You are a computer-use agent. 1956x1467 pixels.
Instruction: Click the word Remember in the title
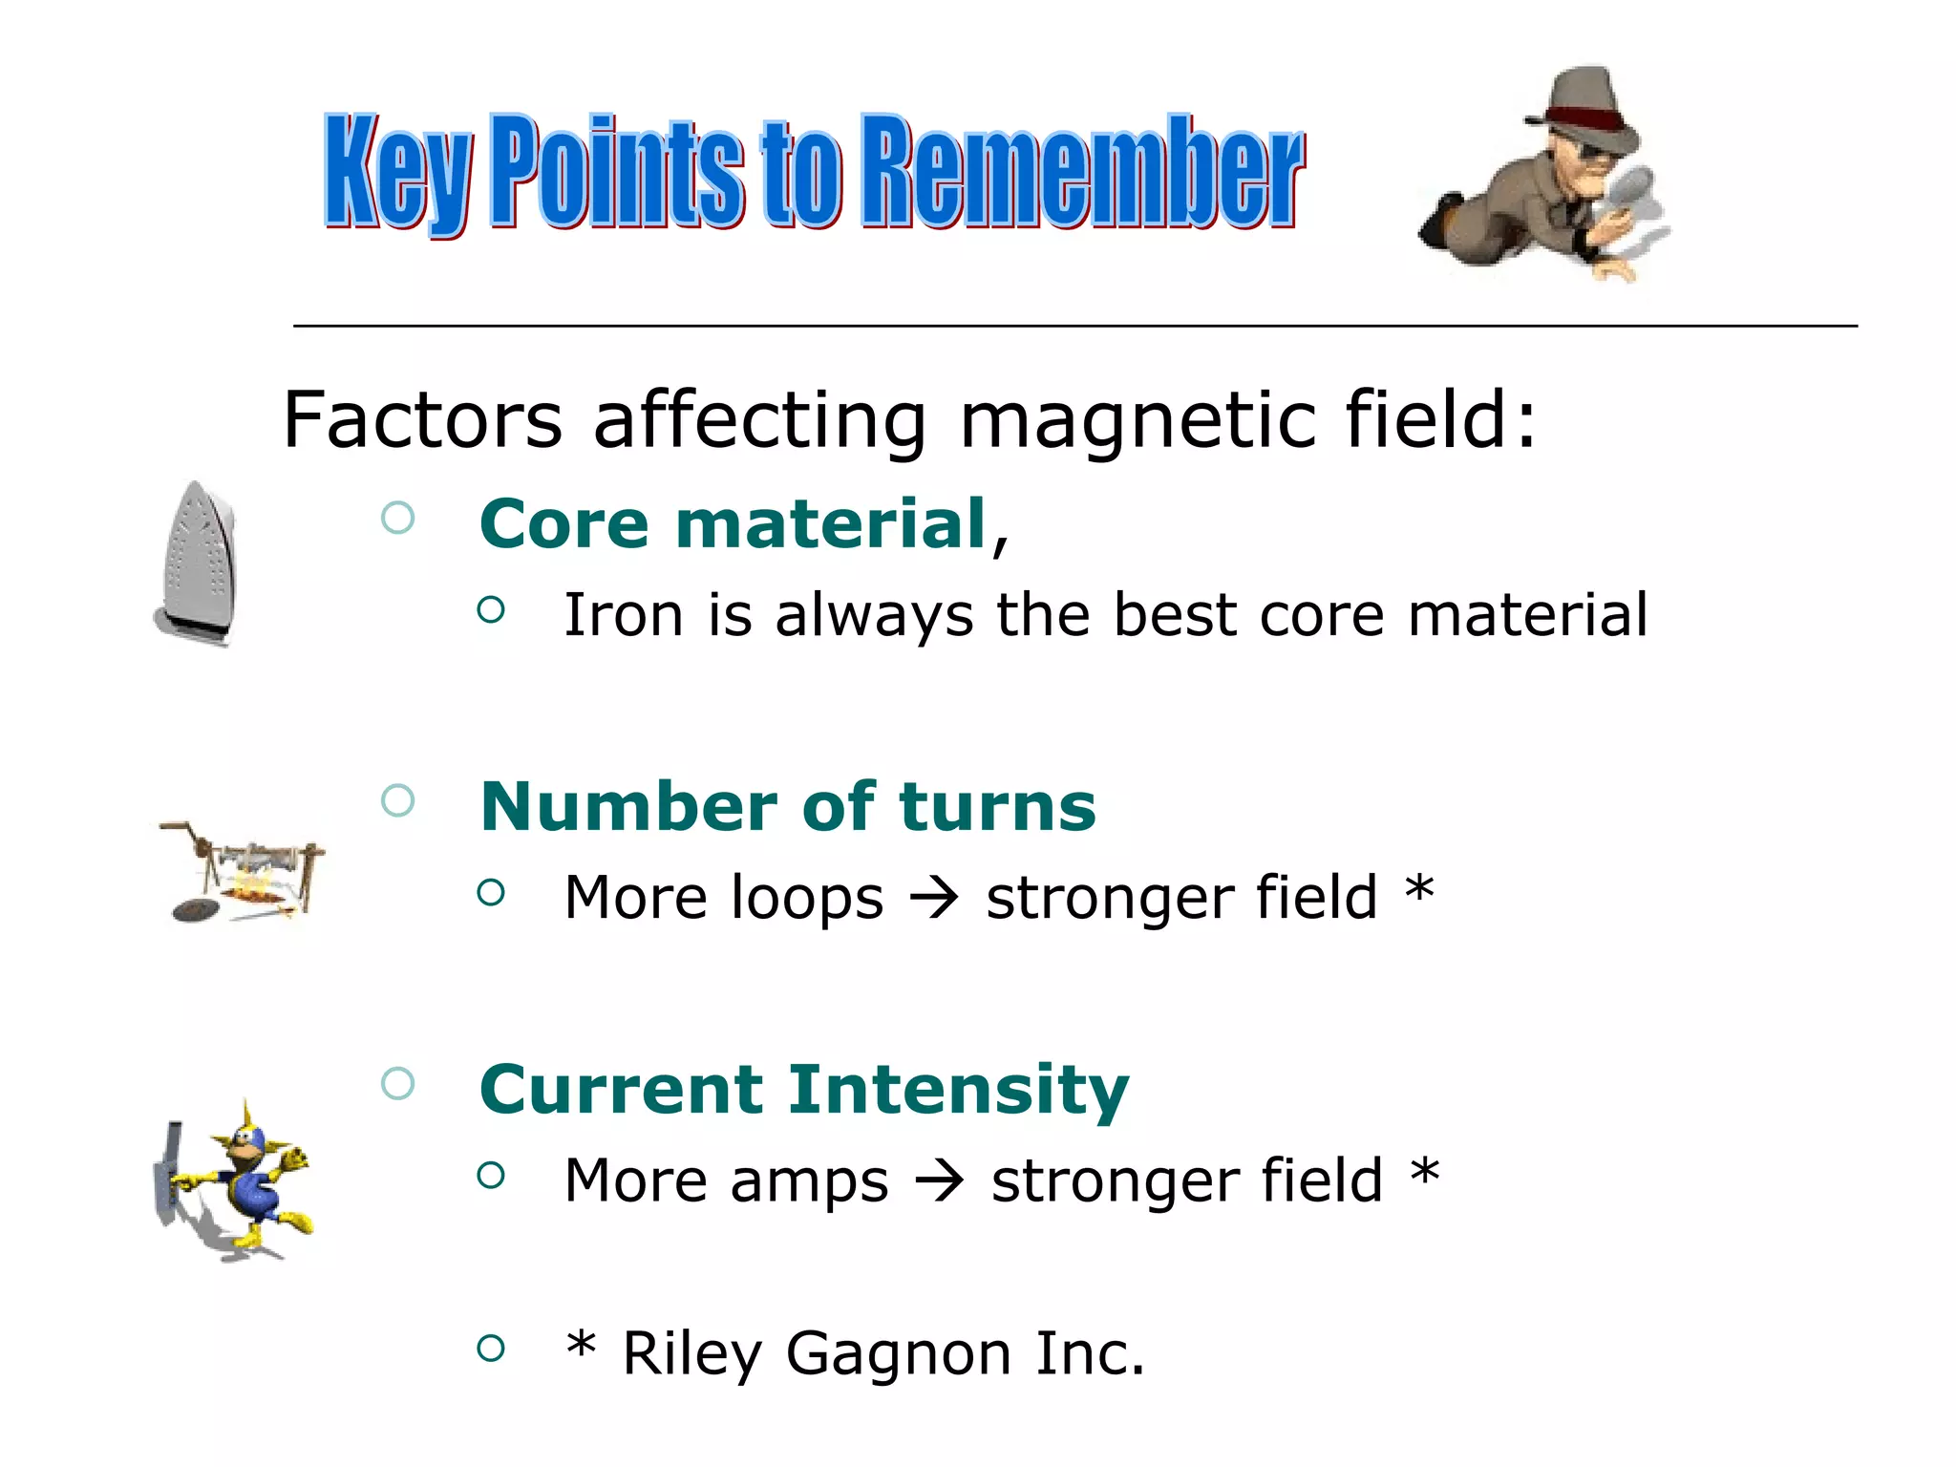pos(1081,172)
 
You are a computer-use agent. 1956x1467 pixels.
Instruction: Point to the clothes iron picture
pos(196,563)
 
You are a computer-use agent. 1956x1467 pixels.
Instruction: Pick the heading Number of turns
pos(787,807)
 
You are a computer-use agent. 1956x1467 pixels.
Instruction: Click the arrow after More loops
pos(934,898)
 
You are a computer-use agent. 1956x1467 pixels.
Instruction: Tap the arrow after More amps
pos(940,1181)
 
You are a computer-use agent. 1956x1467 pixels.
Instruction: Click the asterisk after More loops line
pos(1419,890)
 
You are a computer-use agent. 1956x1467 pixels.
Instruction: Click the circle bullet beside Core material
pos(397,519)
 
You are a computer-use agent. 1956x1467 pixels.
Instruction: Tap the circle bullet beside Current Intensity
pos(397,1083)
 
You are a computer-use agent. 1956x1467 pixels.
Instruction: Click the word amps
pos(808,1182)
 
